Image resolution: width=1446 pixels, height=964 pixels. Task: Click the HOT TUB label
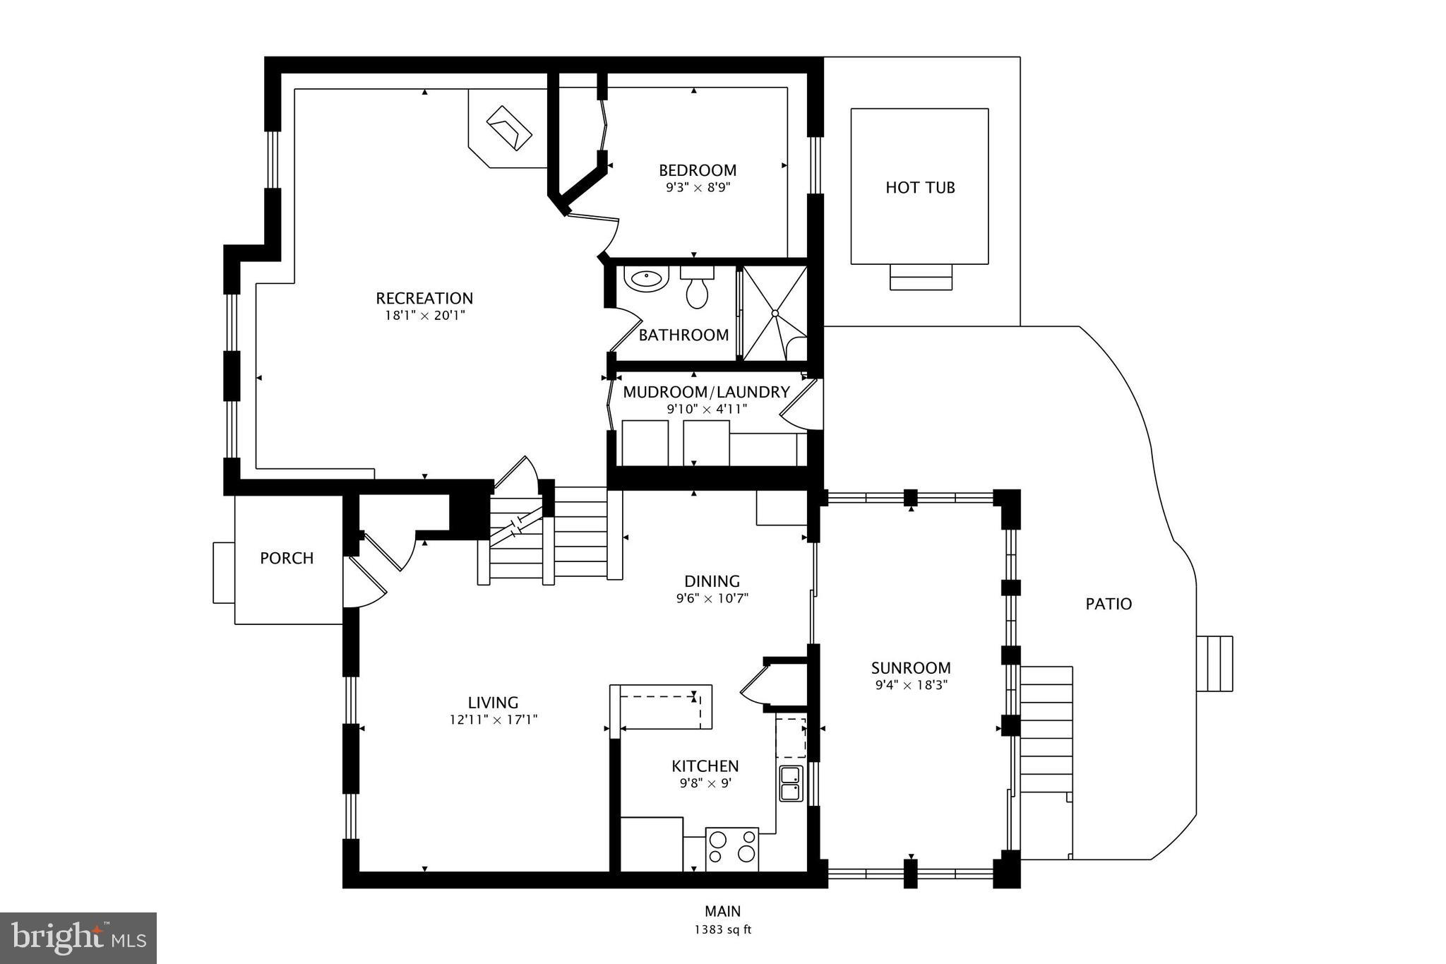click(x=920, y=187)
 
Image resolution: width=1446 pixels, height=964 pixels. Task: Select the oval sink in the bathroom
click(x=645, y=279)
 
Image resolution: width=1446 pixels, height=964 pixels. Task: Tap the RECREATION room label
click(x=424, y=298)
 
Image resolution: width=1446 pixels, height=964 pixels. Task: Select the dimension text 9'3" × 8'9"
click(x=697, y=188)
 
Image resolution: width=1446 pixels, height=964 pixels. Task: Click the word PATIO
click(x=1109, y=604)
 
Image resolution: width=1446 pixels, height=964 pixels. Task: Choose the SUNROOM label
click(x=911, y=667)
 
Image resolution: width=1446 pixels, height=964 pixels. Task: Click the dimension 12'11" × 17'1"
click(x=493, y=720)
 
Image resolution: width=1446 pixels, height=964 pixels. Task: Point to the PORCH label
click(x=287, y=558)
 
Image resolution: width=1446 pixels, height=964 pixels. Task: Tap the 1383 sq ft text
click(x=722, y=929)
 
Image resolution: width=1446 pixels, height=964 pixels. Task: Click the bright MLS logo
click(x=78, y=938)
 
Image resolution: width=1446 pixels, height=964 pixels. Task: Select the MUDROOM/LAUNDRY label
click(x=706, y=392)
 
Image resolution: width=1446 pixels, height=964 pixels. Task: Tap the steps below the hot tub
click(x=920, y=277)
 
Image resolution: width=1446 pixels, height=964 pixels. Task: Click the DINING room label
click(x=712, y=581)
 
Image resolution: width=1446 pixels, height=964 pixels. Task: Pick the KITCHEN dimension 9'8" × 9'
click(x=705, y=783)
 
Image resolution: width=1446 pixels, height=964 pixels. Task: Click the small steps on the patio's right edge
click(x=1214, y=663)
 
